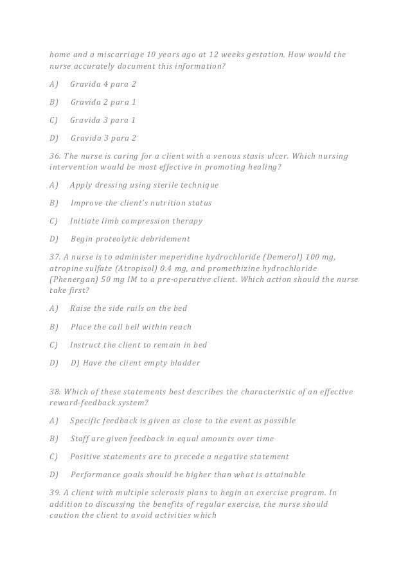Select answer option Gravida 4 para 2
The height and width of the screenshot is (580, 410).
tap(103, 85)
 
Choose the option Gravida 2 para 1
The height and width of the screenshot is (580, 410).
tap(103, 102)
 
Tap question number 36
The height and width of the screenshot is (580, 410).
tap(56, 155)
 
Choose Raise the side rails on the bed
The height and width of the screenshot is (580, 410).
tap(128, 308)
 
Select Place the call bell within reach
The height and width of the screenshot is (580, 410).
tap(130, 326)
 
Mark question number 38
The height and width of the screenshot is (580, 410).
tap(56, 391)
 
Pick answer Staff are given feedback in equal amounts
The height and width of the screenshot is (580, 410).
tap(172, 439)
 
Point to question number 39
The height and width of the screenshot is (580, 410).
tap(56, 493)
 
